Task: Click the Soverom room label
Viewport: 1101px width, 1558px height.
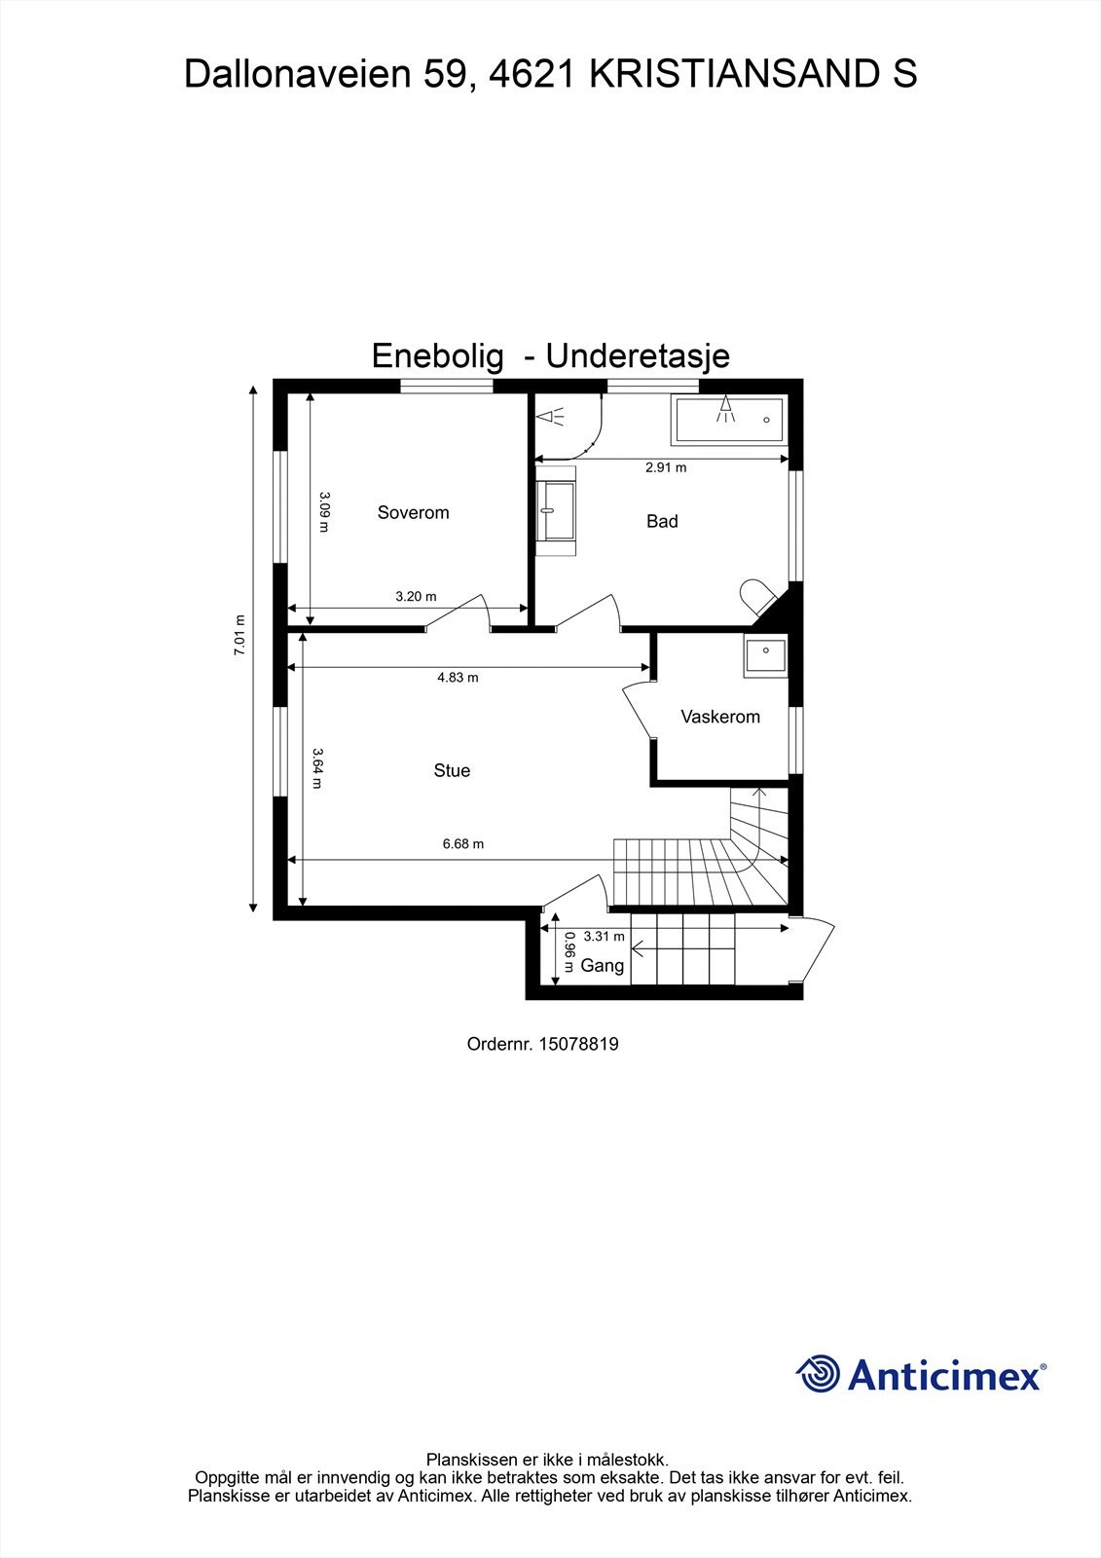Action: point(413,513)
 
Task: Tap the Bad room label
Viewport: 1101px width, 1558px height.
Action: point(662,522)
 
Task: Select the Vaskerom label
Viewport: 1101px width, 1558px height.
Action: point(720,717)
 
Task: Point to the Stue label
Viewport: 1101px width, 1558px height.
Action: point(452,771)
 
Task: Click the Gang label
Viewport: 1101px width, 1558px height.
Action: point(602,966)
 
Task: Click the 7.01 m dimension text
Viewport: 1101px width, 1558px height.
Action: point(239,636)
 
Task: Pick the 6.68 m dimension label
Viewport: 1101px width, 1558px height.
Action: point(463,844)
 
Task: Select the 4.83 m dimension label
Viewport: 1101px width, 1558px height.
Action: point(458,678)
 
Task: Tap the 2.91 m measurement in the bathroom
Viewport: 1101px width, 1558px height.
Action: point(666,467)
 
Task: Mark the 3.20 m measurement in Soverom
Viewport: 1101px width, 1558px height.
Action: point(416,597)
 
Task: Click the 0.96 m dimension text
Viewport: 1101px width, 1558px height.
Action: point(569,952)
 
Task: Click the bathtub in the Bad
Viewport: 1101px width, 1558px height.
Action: point(728,419)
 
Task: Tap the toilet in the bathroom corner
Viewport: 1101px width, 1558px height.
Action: point(755,595)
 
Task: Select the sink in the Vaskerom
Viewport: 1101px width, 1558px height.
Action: point(765,656)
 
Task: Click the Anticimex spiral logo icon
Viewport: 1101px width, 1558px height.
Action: point(818,1375)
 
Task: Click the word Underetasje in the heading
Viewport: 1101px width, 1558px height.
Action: point(638,356)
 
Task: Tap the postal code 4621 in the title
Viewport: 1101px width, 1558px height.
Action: point(530,74)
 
